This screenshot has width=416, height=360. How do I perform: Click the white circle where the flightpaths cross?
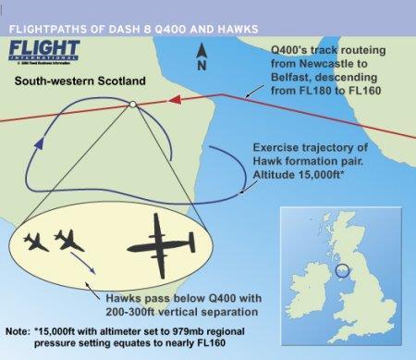pos(134,106)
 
